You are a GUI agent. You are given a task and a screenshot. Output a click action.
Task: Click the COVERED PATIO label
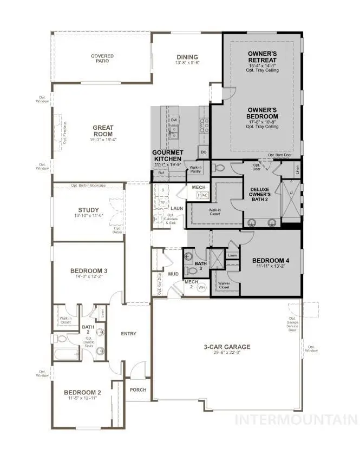click(x=102, y=58)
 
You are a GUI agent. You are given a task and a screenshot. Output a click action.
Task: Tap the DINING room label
click(x=187, y=57)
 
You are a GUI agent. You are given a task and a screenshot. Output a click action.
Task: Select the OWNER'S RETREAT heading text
click(x=263, y=57)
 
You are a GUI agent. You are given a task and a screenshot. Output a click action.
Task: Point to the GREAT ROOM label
click(x=103, y=131)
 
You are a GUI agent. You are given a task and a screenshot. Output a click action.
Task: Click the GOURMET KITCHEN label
click(x=170, y=156)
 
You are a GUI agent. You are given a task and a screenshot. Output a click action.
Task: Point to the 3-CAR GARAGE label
click(x=227, y=347)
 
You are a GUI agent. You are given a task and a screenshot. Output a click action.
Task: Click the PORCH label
click(x=138, y=390)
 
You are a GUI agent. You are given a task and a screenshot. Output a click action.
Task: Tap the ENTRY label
click(x=129, y=334)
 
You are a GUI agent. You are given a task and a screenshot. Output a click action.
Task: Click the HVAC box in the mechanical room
click(x=203, y=195)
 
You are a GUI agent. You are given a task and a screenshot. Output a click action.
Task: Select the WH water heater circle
click(x=201, y=288)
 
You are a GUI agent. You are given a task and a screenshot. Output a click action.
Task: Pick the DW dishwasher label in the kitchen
click(x=174, y=120)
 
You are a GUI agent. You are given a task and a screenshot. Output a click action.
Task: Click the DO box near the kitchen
click(x=204, y=153)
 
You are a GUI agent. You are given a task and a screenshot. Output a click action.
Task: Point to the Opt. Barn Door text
click(x=279, y=155)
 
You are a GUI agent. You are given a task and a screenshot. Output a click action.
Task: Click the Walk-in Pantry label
click(x=195, y=170)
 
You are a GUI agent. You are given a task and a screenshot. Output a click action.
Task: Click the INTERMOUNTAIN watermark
click(x=297, y=419)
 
